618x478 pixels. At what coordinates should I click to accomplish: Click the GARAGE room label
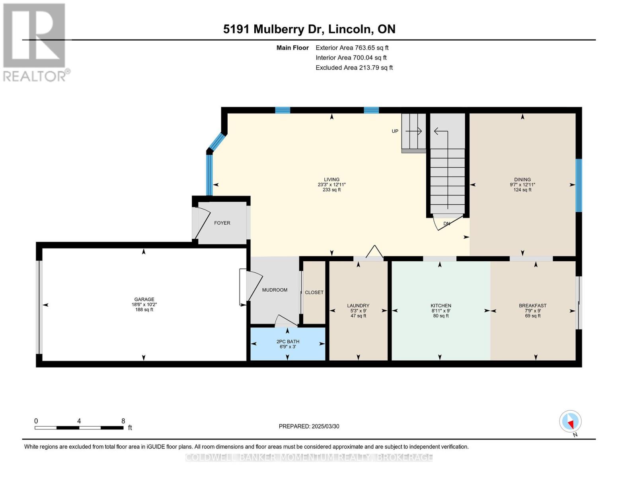tap(144, 299)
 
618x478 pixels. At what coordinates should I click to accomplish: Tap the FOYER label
tap(222, 223)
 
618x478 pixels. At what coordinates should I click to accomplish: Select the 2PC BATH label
tap(288, 341)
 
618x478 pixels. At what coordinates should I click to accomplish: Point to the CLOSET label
tap(314, 292)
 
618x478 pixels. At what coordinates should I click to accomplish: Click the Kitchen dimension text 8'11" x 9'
tap(441, 311)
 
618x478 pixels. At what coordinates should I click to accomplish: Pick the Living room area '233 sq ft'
tap(331, 190)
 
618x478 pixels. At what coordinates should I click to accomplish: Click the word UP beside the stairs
tap(395, 131)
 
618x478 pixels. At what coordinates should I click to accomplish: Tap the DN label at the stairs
tap(447, 223)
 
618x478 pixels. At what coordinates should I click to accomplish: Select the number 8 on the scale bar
tap(123, 421)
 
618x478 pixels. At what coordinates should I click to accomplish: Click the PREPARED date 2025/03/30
tap(326, 426)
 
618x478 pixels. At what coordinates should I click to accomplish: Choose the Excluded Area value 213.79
tap(369, 67)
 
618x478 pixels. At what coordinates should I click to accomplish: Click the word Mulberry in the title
tap(279, 29)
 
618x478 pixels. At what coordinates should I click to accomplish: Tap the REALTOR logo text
tap(35, 76)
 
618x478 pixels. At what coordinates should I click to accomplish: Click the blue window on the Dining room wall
tap(579, 185)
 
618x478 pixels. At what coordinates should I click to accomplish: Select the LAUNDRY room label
tap(358, 306)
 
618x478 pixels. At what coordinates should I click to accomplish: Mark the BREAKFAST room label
tap(533, 306)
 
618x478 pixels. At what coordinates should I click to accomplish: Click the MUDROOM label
tap(275, 290)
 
